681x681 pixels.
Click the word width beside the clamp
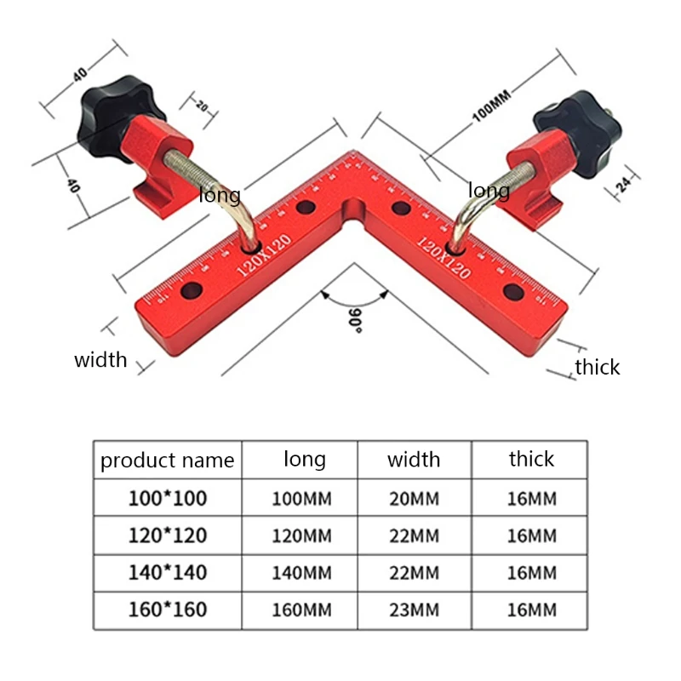tap(100, 359)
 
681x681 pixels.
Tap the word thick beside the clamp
tap(597, 367)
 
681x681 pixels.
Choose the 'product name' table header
tap(167, 461)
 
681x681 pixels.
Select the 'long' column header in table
tap(304, 460)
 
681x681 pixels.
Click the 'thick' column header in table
tap(531, 460)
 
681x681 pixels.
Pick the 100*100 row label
tap(167, 499)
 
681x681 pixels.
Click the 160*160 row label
tap(167, 609)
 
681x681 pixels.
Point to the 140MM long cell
tap(301, 573)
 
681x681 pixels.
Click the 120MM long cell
tap(301, 536)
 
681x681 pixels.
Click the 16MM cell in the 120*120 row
tap(531, 536)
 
